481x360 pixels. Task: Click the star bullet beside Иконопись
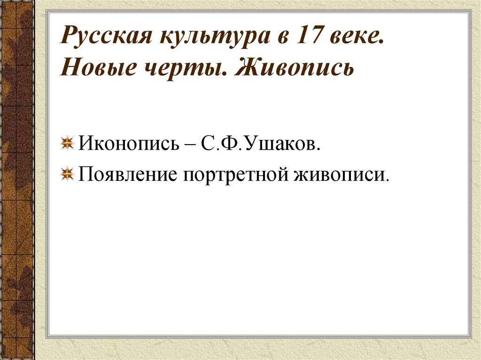68,143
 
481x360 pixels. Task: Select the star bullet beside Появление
68,174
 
